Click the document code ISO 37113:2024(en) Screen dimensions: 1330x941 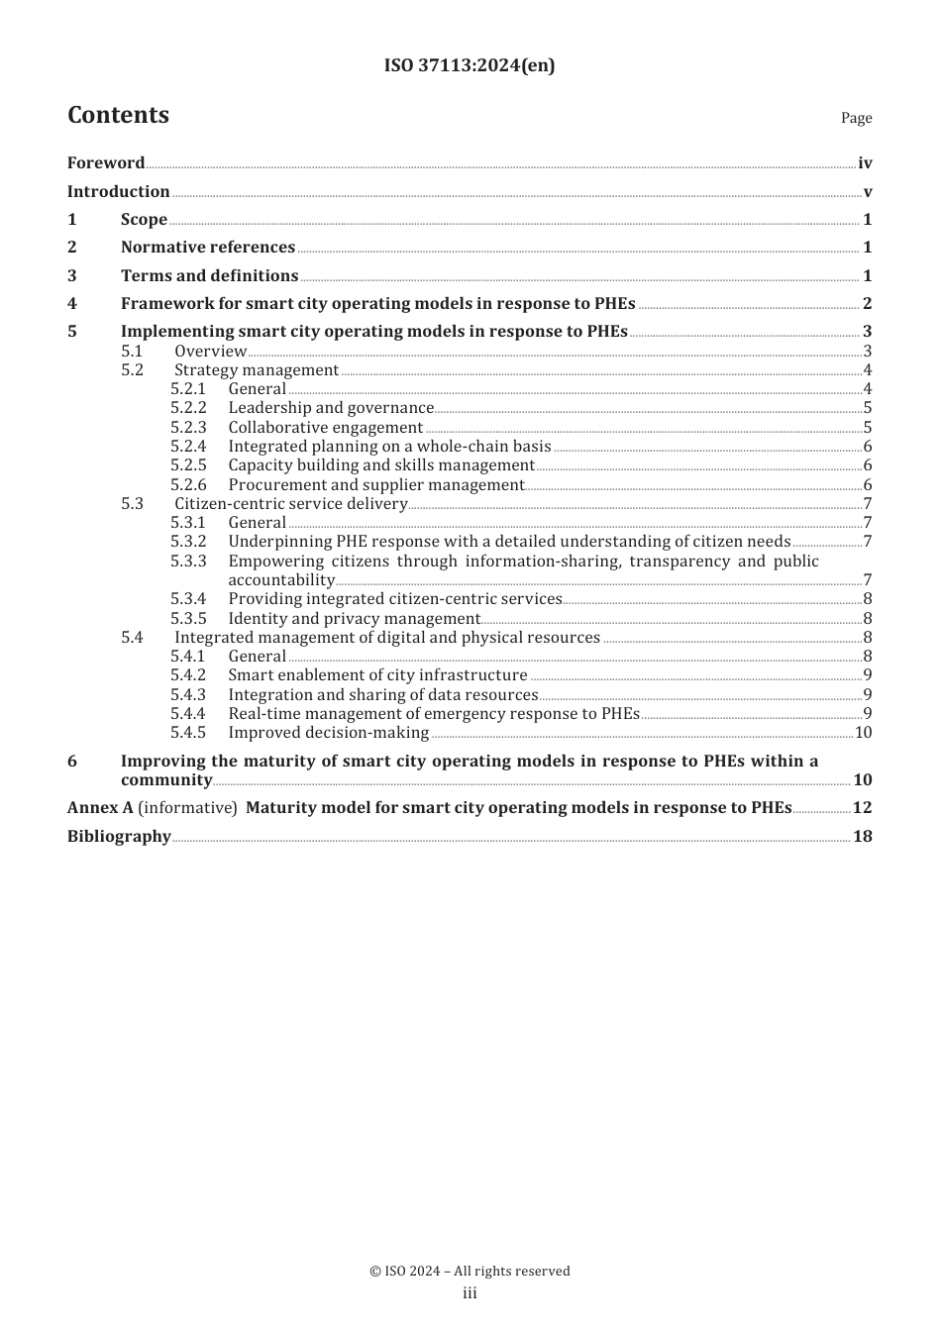pos(470,65)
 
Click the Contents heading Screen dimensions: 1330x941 pos(118,115)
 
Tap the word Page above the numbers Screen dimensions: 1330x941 pos(856,118)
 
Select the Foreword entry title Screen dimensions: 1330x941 pos(106,163)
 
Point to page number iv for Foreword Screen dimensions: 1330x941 pos(865,163)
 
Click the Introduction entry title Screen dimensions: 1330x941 pos(118,192)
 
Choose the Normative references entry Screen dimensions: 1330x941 pos(208,248)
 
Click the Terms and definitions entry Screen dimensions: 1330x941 pos(209,276)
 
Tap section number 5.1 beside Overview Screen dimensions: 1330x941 pos(132,352)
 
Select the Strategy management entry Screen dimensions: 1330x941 pos(257,370)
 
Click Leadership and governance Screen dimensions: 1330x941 pos(331,408)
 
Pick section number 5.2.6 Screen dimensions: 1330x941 pos(188,485)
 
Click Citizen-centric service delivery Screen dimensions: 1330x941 pos(291,504)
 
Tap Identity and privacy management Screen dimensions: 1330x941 pos(354,619)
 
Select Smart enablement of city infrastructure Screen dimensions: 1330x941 pos(377,675)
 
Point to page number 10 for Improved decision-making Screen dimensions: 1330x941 pos(863,733)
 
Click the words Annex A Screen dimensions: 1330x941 pos(100,808)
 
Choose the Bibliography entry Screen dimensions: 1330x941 pos(119,837)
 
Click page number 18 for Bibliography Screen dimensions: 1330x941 pos(863,837)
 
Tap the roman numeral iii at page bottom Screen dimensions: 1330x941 pos(470,1293)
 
